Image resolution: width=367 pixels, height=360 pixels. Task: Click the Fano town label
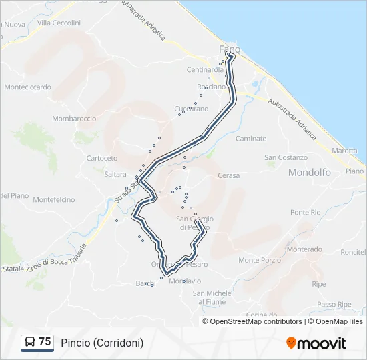pyautogui.click(x=230, y=49)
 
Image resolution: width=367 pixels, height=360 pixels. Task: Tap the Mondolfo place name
pyautogui.click(x=310, y=172)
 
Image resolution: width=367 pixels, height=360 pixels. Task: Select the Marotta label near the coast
pyautogui.click(x=344, y=151)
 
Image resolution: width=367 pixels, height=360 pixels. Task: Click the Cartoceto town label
pyautogui.click(x=102, y=158)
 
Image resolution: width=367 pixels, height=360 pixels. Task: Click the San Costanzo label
pyautogui.click(x=286, y=158)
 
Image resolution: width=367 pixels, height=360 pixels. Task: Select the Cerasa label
pyautogui.click(x=228, y=175)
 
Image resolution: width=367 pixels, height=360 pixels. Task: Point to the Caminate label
pyautogui.click(x=251, y=139)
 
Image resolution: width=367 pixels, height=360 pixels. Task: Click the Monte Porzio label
pyautogui.click(x=260, y=260)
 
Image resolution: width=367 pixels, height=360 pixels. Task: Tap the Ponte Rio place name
pyautogui.click(x=306, y=212)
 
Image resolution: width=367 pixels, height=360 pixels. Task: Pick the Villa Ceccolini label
pyautogui.click(x=59, y=23)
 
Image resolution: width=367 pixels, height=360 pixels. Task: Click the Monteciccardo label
pyautogui.click(x=27, y=87)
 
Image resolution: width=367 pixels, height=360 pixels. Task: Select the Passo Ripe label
pyautogui.click(x=334, y=304)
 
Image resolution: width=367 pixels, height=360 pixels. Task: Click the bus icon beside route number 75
pyautogui.click(x=30, y=342)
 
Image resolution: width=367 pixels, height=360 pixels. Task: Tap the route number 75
pyautogui.click(x=45, y=342)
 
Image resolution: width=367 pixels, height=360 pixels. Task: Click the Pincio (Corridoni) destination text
pyautogui.click(x=102, y=343)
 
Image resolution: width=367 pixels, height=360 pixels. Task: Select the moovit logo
pyautogui.click(x=316, y=343)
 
